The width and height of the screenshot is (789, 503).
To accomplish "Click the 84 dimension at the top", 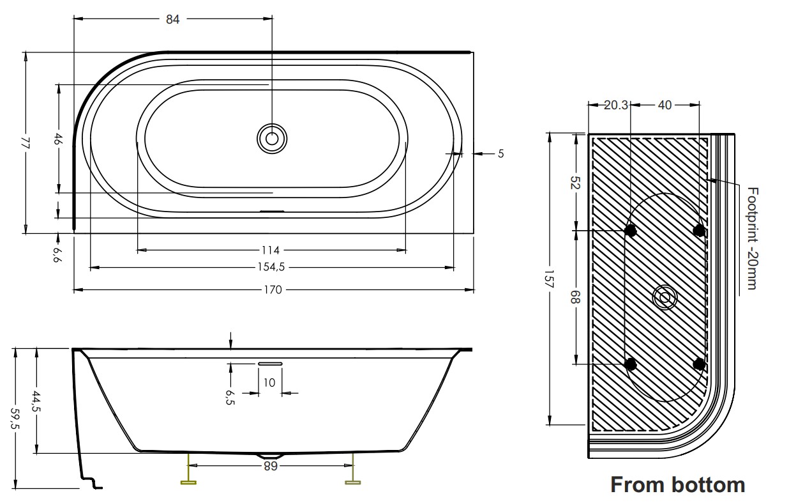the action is [x=172, y=19].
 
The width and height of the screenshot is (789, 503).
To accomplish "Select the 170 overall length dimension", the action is [x=273, y=290].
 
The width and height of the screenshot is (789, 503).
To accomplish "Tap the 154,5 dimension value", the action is [x=271, y=267].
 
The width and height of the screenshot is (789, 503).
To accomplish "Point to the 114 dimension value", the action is [x=271, y=251].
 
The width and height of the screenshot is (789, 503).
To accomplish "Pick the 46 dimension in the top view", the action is [x=58, y=139].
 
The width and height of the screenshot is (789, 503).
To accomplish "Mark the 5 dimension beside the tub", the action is [x=501, y=154].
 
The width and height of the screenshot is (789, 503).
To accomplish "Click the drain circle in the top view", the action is [x=271, y=139].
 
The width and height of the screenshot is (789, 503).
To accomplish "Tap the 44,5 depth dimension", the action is [x=36, y=401].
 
